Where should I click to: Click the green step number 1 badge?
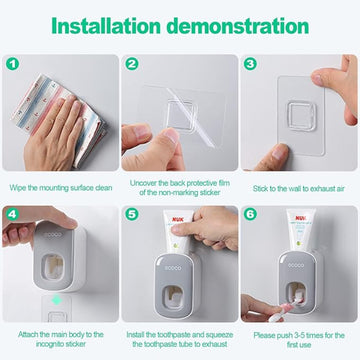(x=12, y=64)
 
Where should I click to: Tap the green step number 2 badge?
(x=132, y=64)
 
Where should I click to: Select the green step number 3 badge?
(x=250, y=63)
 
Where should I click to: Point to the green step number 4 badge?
(x=12, y=214)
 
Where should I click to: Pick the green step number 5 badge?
(x=132, y=214)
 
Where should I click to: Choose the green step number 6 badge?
(x=250, y=214)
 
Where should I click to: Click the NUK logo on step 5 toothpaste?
(x=177, y=220)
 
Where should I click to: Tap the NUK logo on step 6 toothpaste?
(x=300, y=218)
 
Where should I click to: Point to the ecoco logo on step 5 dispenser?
(x=173, y=268)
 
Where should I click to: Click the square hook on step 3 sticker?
(x=302, y=116)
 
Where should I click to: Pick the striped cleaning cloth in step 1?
(x=58, y=118)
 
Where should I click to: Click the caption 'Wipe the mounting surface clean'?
(x=61, y=188)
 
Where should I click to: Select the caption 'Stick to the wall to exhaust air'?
(x=298, y=189)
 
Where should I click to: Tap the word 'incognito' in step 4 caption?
(x=52, y=344)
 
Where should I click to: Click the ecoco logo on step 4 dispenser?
(x=54, y=235)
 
